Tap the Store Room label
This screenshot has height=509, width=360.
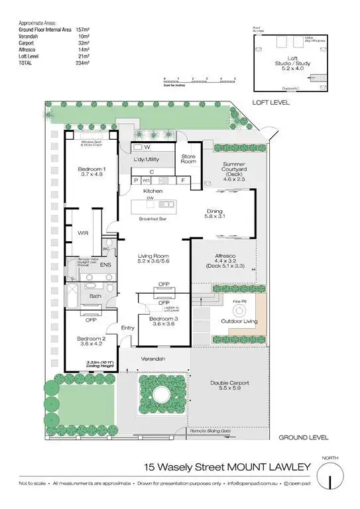189,158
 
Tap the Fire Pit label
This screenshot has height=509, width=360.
240,302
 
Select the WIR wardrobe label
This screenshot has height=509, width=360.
83,233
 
